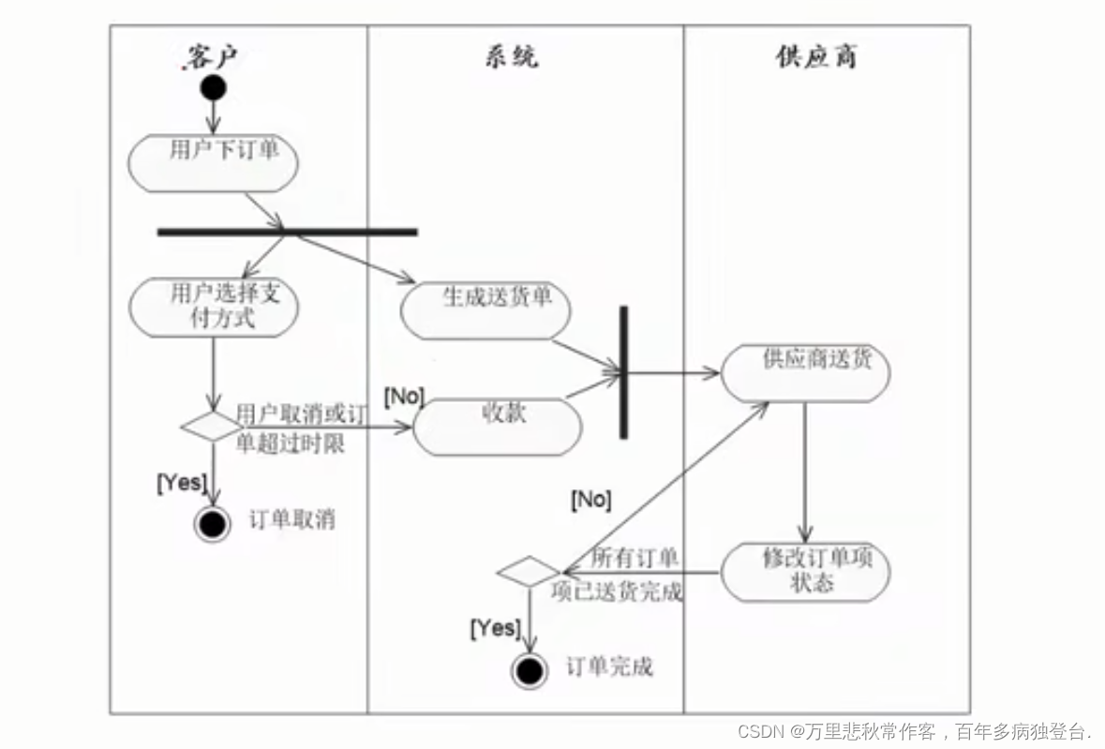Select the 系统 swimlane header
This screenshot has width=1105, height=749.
pos(512,57)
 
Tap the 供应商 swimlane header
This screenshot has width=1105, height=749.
pos(816,57)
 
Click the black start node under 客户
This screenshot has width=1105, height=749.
pos(213,88)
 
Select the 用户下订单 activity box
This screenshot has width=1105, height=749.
pos(214,163)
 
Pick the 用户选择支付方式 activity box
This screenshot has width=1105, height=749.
pos(214,307)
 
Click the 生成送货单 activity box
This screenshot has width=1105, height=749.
pos(485,310)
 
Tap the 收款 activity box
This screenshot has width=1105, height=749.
pos(498,427)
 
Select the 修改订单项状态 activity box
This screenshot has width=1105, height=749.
pos(805,571)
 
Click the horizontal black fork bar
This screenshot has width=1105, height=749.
pos(287,232)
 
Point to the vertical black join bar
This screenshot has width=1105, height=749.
pos(623,372)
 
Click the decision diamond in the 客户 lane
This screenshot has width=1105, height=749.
pos(213,427)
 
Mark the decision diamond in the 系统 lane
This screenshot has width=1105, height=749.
pos(529,571)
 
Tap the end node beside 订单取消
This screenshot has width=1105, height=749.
pos(213,524)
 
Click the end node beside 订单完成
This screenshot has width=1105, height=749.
pos(530,670)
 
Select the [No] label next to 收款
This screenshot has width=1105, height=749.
pos(404,397)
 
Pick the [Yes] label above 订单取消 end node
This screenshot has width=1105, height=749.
pos(181,483)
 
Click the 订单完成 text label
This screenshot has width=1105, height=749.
pos(609,667)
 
